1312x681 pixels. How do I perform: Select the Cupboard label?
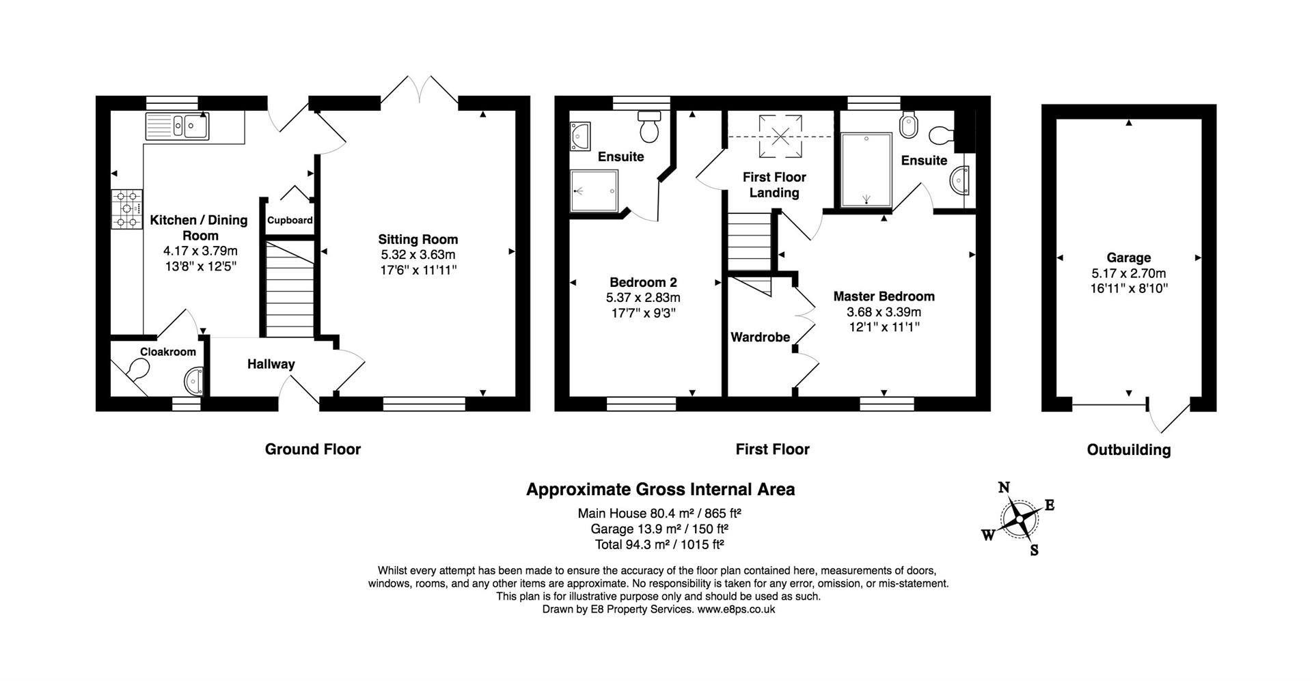pos(290,221)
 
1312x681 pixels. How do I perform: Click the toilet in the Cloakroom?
pos(138,370)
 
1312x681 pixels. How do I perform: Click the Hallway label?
pos(271,364)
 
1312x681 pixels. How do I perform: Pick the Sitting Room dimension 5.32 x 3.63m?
pos(418,255)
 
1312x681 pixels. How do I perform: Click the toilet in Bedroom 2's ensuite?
pos(648,127)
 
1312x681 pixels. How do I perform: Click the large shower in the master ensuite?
pos(866,169)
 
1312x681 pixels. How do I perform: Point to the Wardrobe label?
pos(760,337)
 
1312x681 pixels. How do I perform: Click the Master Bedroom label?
pos(884,296)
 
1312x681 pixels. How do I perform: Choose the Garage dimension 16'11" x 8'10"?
pos(1129,288)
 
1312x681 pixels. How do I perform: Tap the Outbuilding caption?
pos(1129,450)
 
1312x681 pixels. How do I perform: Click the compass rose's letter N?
pos(1004,487)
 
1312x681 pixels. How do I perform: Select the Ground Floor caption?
pos(312,449)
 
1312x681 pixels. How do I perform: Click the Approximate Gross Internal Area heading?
pos(660,490)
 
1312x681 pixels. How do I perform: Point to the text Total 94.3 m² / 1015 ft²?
pos(659,544)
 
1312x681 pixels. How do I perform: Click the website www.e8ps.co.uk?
pos(735,609)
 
